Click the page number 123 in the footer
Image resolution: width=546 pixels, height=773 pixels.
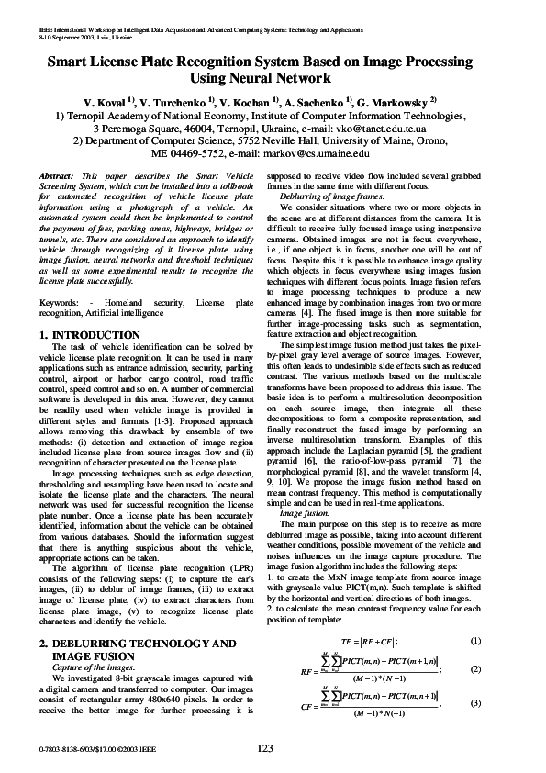265,749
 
